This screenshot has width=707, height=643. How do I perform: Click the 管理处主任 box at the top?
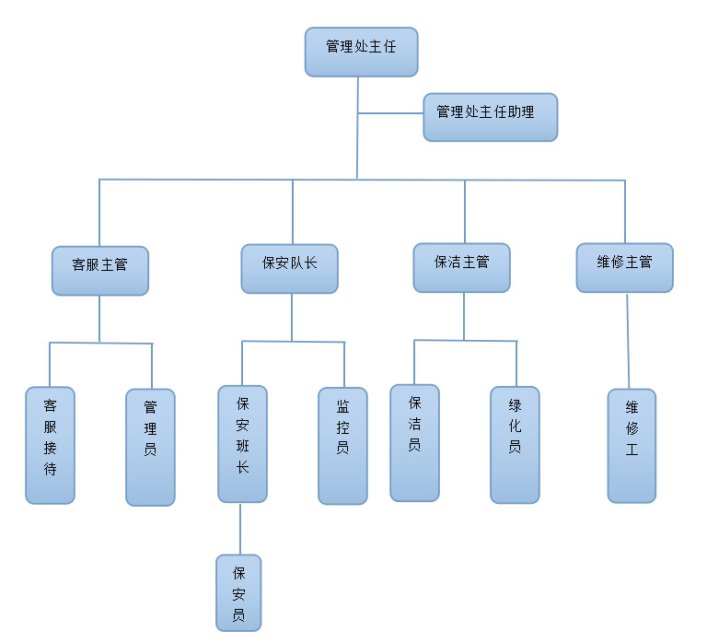tap(361, 52)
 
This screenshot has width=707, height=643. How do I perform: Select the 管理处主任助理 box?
tap(490, 117)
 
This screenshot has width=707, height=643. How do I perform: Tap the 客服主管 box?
tap(99, 270)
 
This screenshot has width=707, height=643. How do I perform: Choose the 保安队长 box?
tap(289, 268)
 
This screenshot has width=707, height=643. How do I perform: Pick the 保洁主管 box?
tap(461, 267)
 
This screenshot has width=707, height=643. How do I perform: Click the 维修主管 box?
tap(624, 267)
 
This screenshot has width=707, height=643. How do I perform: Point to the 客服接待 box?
tap(50, 445)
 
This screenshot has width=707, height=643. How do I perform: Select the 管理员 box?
tap(150, 447)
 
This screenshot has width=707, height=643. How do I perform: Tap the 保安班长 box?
tap(242, 443)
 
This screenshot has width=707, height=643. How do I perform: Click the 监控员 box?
tap(342, 445)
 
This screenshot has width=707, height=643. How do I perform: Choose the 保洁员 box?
tap(414, 442)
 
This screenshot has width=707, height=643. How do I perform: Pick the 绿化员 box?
tap(515, 444)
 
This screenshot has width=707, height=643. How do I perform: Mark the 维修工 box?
tap(632, 445)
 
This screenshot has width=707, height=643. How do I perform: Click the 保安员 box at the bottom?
tap(238, 592)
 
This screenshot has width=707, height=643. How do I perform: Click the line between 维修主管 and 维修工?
tap(628, 341)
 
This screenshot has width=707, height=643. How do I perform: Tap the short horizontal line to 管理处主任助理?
tap(390, 113)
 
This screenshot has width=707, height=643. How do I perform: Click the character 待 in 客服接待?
tap(50, 469)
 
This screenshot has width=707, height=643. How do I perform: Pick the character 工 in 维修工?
tap(632, 451)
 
